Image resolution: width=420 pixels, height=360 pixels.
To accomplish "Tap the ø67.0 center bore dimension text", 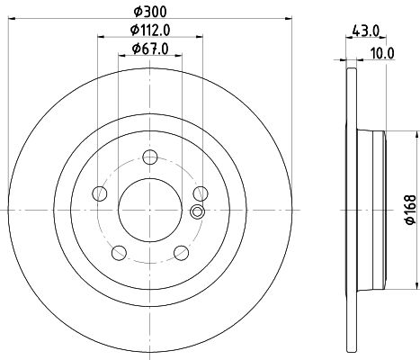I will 150,49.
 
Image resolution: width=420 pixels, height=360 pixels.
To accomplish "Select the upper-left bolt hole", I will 101,193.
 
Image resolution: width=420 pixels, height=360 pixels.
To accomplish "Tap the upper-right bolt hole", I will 200,193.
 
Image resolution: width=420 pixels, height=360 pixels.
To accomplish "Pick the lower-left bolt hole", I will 120,251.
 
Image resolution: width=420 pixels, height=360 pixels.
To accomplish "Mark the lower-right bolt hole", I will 181,251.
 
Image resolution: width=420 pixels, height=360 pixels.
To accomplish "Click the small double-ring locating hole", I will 198,212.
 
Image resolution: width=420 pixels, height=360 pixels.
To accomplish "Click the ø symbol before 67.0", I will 136,49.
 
